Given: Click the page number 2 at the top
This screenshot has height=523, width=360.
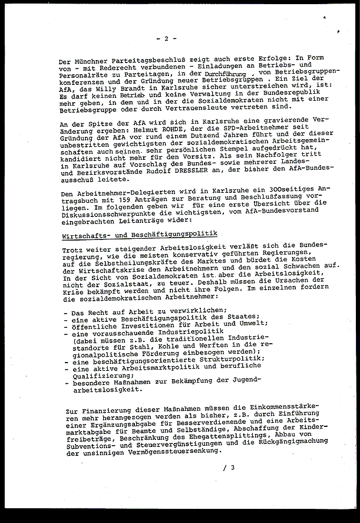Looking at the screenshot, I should pos(167,39).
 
